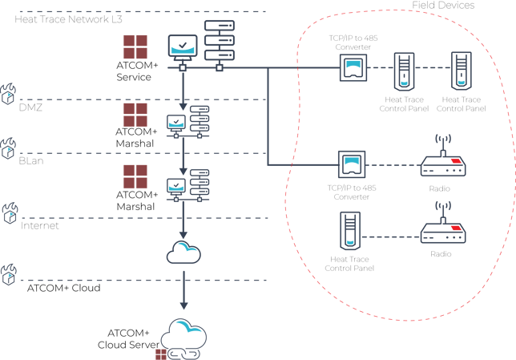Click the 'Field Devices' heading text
443,6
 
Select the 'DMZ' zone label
30,107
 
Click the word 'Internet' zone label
40,225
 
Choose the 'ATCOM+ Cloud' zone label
63,287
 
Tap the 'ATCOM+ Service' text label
133,71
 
